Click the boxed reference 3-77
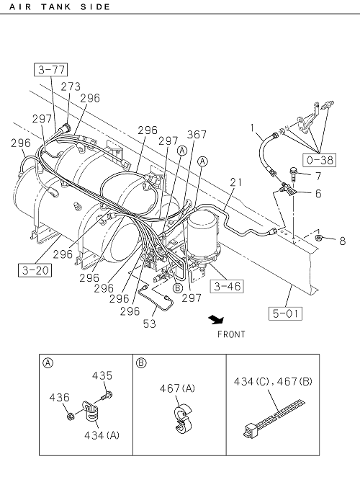[50, 69]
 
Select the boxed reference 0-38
[319, 160]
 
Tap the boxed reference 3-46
[227, 286]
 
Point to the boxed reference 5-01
[285, 313]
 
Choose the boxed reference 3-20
[35, 270]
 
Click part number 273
[71, 86]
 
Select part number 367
[197, 134]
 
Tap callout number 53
[149, 324]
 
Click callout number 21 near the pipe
[235, 182]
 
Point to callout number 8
[343, 241]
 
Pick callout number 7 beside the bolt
[318, 177]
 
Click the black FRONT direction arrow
[217, 319]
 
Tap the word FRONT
[231, 334]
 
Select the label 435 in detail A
[102, 375]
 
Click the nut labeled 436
[71, 416]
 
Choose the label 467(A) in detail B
[177, 388]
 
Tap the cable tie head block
[250, 430]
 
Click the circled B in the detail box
[141, 363]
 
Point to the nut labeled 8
[319, 238]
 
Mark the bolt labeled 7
[293, 174]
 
